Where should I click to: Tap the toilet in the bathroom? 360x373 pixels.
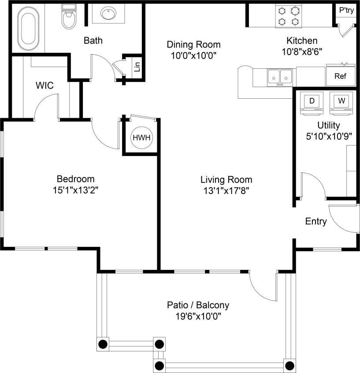point(68,18)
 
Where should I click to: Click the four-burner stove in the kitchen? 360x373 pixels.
point(288,16)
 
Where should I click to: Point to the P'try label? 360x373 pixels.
point(345,10)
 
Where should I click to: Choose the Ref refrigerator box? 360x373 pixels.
point(340,76)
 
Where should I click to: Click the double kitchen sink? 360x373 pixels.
point(280,76)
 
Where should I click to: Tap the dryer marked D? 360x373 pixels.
point(312,101)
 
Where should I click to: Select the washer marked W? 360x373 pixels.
point(341,101)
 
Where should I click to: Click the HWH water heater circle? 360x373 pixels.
point(141,138)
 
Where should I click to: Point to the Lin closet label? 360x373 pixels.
point(137,67)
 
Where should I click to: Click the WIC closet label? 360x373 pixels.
point(45,86)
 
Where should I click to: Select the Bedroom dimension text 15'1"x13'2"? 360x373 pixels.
point(76,190)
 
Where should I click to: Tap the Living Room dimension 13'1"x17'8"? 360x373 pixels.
point(226,190)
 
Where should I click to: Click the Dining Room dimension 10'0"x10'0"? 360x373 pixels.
point(193,56)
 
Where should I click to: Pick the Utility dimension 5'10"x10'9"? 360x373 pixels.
point(328,136)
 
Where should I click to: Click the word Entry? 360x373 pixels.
point(316,221)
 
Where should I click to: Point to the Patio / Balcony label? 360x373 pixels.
point(198,305)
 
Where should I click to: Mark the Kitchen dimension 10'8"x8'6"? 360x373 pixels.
point(302,51)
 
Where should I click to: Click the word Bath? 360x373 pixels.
point(93,41)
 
